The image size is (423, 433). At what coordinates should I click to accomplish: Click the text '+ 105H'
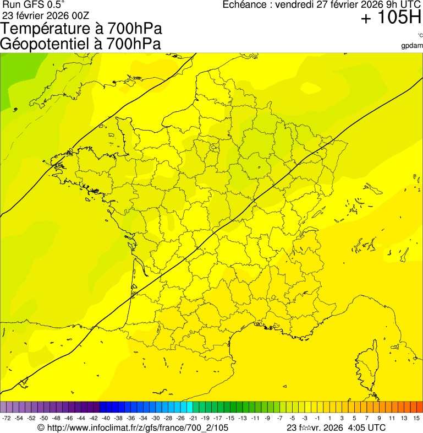tap(391, 18)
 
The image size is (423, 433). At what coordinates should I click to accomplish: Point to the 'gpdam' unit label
tap(412, 45)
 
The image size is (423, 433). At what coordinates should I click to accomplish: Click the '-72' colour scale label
tap(7, 419)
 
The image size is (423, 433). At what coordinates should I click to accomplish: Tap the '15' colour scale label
tap(416, 419)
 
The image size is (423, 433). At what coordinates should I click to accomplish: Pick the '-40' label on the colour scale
tap(106, 419)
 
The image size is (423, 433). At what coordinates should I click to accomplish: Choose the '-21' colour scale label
tap(193, 419)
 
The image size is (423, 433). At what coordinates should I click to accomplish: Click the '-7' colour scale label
tap(280, 419)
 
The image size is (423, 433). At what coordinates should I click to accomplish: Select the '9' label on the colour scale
tap(379, 419)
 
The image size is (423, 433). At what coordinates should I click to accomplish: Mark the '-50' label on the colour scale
tap(43, 419)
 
